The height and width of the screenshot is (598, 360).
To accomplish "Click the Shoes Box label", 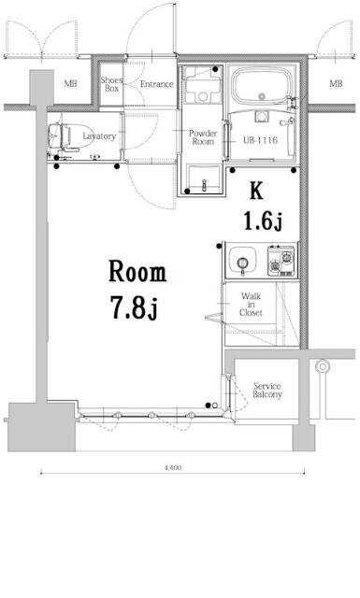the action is click(x=111, y=84).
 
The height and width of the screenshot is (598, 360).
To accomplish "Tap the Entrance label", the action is click(x=156, y=84).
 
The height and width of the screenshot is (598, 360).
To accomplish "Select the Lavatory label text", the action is click(x=99, y=136).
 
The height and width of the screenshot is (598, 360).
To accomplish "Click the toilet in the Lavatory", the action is click(x=61, y=136).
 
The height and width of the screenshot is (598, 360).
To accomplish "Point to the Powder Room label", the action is click(x=203, y=137).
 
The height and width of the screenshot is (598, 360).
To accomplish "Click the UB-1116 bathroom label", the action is click(x=260, y=140).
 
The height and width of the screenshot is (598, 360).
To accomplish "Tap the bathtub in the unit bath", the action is click(x=262, y=86).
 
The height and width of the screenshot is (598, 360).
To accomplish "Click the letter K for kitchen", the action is click(x=256, y=191).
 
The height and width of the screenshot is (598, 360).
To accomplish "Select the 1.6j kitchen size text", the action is click(x=263, y=221).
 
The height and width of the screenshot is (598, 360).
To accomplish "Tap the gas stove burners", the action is click(x=281, y=261).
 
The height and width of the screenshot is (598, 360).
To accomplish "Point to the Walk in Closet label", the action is click(x=251, y=304).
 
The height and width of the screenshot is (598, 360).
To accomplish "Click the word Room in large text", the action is click(x=137, y=271).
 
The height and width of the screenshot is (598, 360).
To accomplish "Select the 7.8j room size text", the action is click(x=134, y=307).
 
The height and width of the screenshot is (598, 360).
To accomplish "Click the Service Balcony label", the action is click(x=267, y=391).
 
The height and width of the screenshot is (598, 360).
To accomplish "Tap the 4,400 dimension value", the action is click(x=173, y=467).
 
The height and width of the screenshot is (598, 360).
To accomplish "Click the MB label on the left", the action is click(x=70, y=83).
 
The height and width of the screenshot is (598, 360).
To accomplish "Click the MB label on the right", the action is click(x=336, y=83).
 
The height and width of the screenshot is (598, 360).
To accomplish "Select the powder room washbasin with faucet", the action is click(x=204, y=178).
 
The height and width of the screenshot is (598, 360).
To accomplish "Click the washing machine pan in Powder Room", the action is click(x=203, y=85).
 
